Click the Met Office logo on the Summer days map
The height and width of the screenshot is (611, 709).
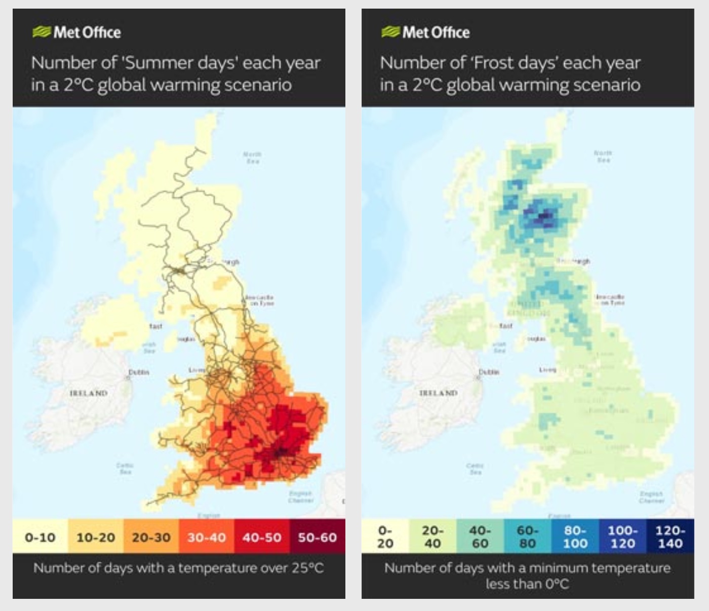pyautogui.click(x=76, y=32)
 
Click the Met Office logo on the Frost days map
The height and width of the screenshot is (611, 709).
pyautogui.click(x=425, y=32)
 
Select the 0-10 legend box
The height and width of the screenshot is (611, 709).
pyautogui.click(x=40, y=537)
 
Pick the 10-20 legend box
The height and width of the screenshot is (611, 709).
pyautogui.click(x=96, y=537)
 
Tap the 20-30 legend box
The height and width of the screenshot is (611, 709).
pyautogui.click(x=151, y=537)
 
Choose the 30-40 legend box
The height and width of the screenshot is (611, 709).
pyautogui.click(x=207, y=537)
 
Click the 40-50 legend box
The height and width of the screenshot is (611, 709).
pyautogui.click(x=262, y=537)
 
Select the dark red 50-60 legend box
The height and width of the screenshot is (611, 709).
pyautogui.click(x=317, y=537)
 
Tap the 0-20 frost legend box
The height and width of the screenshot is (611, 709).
pyautogui.click(x=385, y=537)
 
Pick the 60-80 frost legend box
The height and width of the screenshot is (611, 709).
pyautogui.click(x=527, y=537)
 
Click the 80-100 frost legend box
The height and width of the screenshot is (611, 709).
pyautogui.click(x=575, y=537)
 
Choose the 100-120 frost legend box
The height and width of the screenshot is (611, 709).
pyautogui.click(x=622, y=537)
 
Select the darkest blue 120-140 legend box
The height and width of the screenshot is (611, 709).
pyautogui.click(x=670, y=537)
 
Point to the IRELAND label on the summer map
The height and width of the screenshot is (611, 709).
pyautogui.click(x=89, y=393)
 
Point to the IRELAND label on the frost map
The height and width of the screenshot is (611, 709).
pyautogui.click(x=439, y=393)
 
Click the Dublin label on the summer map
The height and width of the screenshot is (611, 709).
pyautogui.click(x=138, y=372)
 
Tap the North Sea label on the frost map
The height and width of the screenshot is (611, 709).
pyautogui.click(x=603, y=156)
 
